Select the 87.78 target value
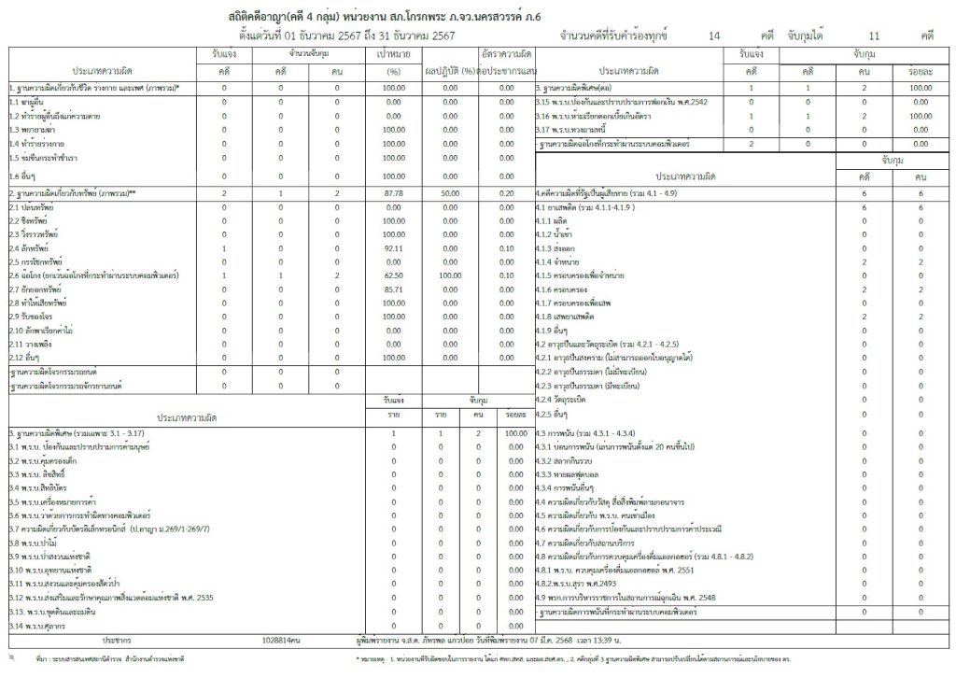pos(393,191)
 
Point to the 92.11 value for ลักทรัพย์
pos(393,249)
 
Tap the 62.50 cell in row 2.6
pos(393,277)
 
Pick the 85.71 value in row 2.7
pos(393,291)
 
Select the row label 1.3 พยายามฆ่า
pos(32,129)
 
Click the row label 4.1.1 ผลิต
pos(555,220)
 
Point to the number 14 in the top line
pos(714,35)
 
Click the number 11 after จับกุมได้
pos(874,35)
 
